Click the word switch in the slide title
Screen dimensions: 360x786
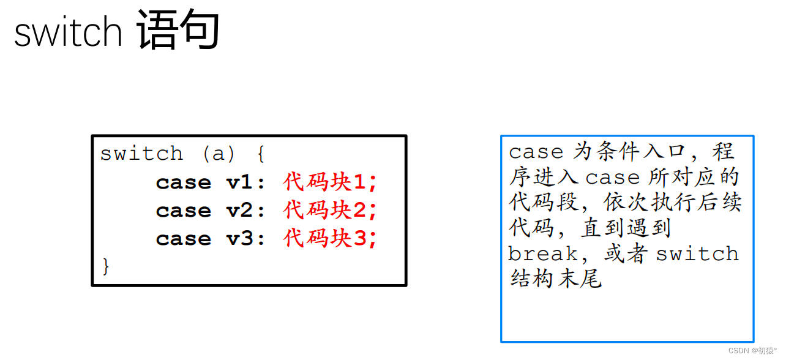pos(68,32)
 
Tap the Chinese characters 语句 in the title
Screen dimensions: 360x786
pos(178,30)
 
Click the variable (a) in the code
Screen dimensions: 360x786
pos(219,154)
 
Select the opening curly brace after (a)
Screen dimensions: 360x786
pos(261,154)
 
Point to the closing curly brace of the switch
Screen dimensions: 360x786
pos(106,266)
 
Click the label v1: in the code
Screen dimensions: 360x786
pos(246,182)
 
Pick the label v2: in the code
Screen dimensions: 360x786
pos(246,211)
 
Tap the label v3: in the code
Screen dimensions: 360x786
pos(246,239)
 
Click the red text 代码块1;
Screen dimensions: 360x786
pos(331,182)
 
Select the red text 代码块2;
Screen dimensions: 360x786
pos(331,210)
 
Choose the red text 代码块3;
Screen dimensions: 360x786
pos(331,238)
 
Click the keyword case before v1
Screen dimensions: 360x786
pos(183,182)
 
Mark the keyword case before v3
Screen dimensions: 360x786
pos(183,239)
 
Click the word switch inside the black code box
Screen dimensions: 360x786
pos(141,154)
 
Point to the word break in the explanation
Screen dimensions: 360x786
pos(542,254)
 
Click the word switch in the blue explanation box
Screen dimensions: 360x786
pos(697,254)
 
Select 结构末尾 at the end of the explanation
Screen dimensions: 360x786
pos(556,279)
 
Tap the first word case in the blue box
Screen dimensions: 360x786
pos(536,152)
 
